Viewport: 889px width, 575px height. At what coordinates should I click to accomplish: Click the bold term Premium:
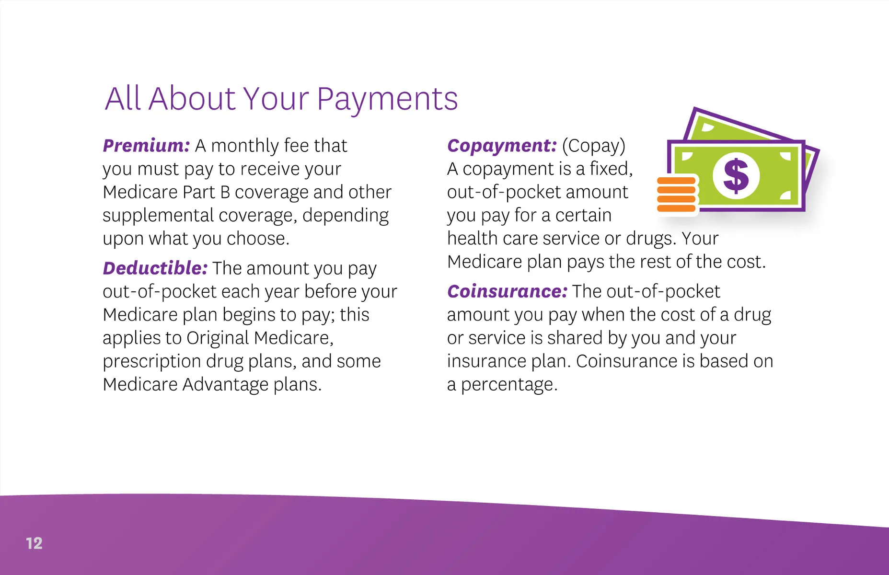(x=147, y=146)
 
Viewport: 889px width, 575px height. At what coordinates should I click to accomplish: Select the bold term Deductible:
(x=155, y=268)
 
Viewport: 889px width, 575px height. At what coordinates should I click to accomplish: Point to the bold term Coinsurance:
(x=508, y=291)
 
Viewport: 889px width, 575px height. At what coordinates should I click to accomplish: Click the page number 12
(x=34, y=543)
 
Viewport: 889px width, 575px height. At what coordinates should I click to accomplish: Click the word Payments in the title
(x=387, y=100)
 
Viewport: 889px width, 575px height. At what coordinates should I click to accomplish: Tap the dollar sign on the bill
(x=736, y=176)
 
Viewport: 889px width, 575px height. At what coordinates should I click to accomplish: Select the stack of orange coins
(x=676, y=195)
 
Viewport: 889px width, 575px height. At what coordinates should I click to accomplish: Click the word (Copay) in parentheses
(x=594, y=146)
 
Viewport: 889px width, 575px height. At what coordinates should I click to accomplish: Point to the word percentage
(x=509, y=385)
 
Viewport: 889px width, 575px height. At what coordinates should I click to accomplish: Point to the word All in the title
(x=123, y=99)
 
